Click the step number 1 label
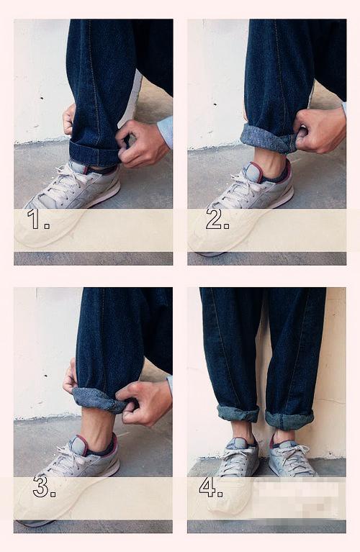pos(38,219)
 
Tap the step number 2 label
pos(217,219)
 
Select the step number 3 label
pos(44,487)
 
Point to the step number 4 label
pos(211,487)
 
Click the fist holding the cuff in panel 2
pos(319,130)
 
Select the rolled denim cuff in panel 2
pos(269,139)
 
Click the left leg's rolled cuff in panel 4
pos(238,414)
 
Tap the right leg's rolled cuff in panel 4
pos(289,420)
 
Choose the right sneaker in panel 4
pos(291,458)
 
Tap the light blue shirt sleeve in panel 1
pos(165,132)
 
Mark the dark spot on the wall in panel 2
pos(215,104)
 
